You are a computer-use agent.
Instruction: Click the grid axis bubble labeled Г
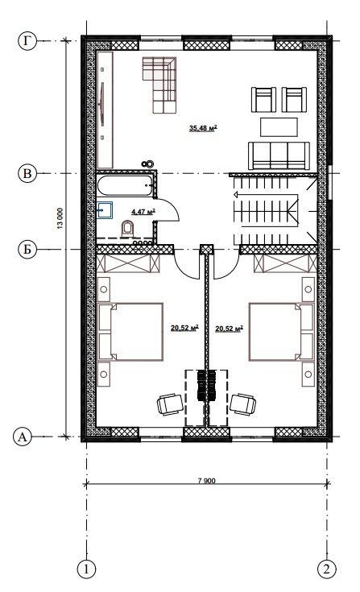27,40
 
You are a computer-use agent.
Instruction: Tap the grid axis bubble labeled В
27,174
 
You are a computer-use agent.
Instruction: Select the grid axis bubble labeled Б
27,250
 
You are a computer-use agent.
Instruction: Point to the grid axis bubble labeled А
23,437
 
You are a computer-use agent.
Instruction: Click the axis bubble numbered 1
86,569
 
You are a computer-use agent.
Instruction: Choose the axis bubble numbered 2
327,569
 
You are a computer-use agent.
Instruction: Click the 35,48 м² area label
203,128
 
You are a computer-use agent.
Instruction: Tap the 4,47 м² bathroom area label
143,212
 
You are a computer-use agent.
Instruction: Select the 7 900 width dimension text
206,481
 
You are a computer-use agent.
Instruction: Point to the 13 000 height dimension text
60,218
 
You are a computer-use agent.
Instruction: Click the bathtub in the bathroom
126,185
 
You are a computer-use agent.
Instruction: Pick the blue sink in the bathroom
105,210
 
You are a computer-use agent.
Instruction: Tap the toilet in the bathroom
127,230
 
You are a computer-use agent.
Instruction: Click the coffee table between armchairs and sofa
279,127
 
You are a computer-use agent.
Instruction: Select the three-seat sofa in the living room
279,155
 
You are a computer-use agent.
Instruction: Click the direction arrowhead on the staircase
236,195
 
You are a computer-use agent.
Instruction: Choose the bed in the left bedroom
130,332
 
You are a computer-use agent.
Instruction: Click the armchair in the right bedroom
243,404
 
